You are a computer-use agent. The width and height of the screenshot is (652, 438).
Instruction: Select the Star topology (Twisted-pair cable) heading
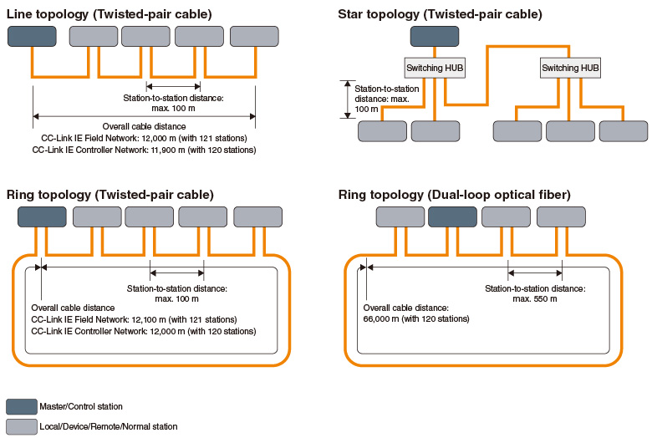point(440,13)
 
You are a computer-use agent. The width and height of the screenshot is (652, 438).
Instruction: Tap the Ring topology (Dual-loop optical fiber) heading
point(454,195)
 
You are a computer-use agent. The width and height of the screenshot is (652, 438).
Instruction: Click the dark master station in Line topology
point(32,36)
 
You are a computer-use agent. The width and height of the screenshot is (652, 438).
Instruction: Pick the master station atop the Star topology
point(434,36)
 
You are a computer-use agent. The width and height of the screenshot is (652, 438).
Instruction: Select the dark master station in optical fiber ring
point(452,216)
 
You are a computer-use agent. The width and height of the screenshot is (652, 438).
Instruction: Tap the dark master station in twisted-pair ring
point(42,216)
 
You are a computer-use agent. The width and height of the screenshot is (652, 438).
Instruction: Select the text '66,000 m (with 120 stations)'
point(415,318)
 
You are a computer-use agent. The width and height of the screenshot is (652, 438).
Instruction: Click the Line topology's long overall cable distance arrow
point(144,116)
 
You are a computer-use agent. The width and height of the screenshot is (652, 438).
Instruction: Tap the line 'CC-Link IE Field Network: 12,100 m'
point(134,319)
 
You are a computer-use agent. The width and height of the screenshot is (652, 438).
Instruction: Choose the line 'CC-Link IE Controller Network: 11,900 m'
point(143,150)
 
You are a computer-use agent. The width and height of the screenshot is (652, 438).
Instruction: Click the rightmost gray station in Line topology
point(254,36)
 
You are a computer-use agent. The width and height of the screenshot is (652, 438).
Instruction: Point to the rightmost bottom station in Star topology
point(623,131)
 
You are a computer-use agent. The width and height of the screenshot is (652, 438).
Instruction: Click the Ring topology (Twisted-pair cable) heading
point(110,195)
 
